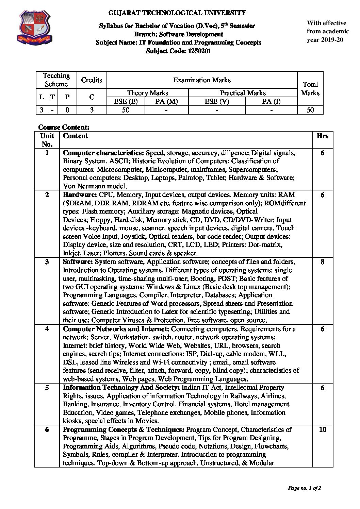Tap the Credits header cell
[x=92, y=80]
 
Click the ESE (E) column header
[x=126, y=101]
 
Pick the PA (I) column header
[x=271, y=101]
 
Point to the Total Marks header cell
[x=310, y=88]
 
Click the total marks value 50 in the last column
[x=310, y=110]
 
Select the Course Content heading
[x=64, y=127]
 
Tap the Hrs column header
[x=322, y=136]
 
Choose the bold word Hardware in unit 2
[x=80, y=195]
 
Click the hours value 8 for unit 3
[x=322, y=262]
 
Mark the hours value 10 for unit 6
[x=323, y=429]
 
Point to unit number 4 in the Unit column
[x=47, y=329]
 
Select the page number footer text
[x=305, y=488]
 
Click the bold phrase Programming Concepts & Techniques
[x=124, y=429]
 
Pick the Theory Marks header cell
[x=147, y=93]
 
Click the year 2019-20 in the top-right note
[x=331, y=39]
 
